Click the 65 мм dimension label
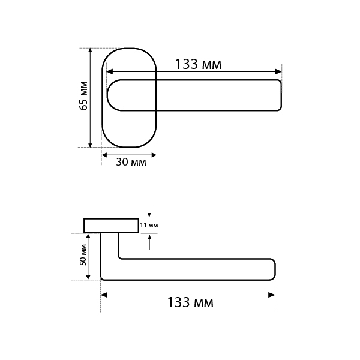84,96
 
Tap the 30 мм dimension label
131,162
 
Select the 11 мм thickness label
149,225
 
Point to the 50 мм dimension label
83,255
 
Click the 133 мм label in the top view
199,64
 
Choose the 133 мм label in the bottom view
190,302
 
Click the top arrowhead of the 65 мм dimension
90,50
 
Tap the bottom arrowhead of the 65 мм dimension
90,145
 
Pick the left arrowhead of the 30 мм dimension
104,155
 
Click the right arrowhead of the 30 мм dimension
154,155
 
